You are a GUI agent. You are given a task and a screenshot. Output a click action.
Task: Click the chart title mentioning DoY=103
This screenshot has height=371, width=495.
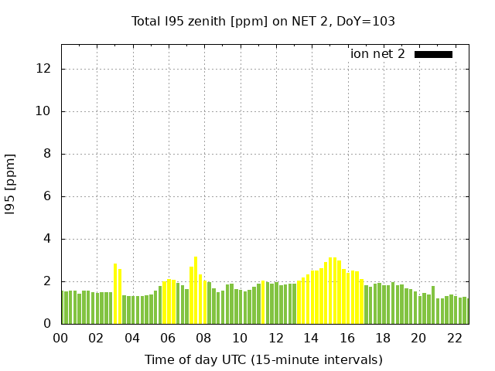pyautogui.click(x=263, y=22)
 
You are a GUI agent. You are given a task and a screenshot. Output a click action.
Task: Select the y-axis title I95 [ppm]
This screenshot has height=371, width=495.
pyautogui.click(x=11, y=184)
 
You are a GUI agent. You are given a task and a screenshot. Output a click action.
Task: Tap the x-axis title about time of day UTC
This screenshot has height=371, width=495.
pyautogui.click(x=263, y=359)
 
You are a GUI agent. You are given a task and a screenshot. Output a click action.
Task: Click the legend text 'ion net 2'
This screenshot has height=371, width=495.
pyautogui.click(x=377, y=54)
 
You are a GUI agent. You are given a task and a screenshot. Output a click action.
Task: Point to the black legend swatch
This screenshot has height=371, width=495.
pyautogui.click(x=433, y=54)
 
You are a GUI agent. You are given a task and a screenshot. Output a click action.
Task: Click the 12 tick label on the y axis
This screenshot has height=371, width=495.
pyautogui.click(x=44, y=69)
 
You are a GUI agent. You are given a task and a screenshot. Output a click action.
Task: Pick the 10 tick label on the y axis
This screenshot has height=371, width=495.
pyautogui.click(x=44, y=111)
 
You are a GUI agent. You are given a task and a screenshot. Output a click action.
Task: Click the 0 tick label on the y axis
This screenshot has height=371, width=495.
pyautogui.click(x=47, y=324)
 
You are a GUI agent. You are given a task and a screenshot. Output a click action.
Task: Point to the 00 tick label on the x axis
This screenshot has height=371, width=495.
pyautogui.click(x=60, y=339)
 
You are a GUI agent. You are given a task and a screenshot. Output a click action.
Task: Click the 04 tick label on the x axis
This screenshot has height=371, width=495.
pyautogui.click(x=132, y=339)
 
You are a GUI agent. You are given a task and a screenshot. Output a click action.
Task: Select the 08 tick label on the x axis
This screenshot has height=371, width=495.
pyautogui.click(x=204, y=339)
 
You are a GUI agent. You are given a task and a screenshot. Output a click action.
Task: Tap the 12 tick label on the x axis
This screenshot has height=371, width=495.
pyautogui.click(x=275, y=339)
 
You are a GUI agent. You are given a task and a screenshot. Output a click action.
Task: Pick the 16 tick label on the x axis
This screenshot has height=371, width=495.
pyautogui.click(x=347, y=339)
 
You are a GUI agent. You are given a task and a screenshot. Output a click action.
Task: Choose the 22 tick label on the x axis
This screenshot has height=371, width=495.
pyautogui.click(x=455, y=339)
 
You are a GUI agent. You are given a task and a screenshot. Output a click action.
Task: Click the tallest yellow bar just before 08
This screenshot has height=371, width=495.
pyautogui.click(x=196, y=290)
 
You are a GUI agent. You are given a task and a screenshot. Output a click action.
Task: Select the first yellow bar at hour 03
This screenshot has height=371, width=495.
pyautogui.click(x=115, y=294)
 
